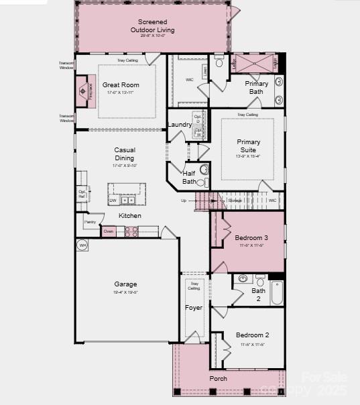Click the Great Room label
(x=121, y=85)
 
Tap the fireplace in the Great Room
(x=83, y=87)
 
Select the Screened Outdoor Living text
(x=152, y=26)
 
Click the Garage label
(x=125, y=284)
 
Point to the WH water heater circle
(x=83, y=245)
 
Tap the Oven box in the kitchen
(x=109, y=231)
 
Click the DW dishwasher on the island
(x=113, y=200)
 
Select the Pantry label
(x=90, y=221)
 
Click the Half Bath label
(x=189, y=177)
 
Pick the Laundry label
(x=179, y=125)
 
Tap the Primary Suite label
(x=248, y=146)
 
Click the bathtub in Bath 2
(x=277, y=292)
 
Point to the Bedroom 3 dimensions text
(x=251, y=245)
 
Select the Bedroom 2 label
(x=252, y=335)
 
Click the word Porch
(x=218, y=379)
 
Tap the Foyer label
(x=193, y=308)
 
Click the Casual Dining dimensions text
(x=125, y=166)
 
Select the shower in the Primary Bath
(x=255, y=64)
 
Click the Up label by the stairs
(x=184, y=200)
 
